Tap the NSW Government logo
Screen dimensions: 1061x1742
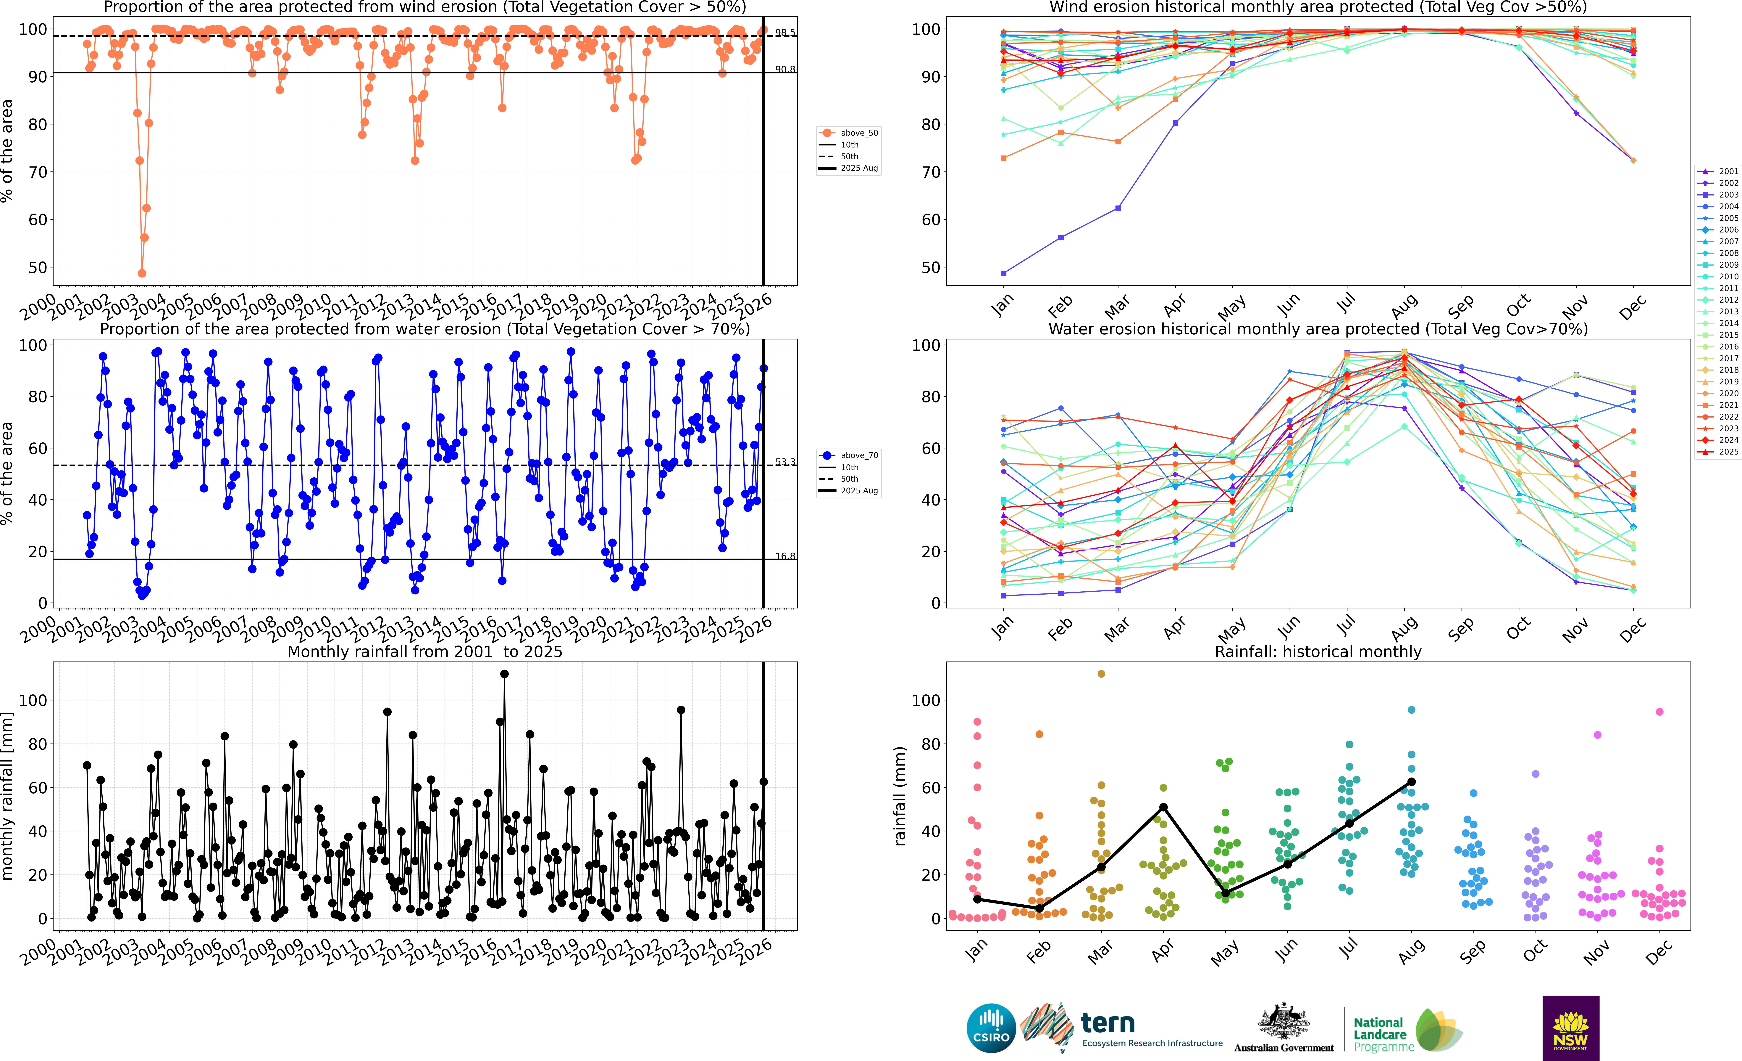tap(1570, 1028)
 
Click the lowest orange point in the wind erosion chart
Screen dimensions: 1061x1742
tap(142, 273)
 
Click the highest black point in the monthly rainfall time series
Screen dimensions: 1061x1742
tap(504, 674)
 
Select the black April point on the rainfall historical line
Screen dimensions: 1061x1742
tap(1163, 807)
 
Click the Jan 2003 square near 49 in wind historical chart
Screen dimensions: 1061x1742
tap(1004, 273)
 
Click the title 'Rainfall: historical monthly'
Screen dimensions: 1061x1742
tap(1318, 651)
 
